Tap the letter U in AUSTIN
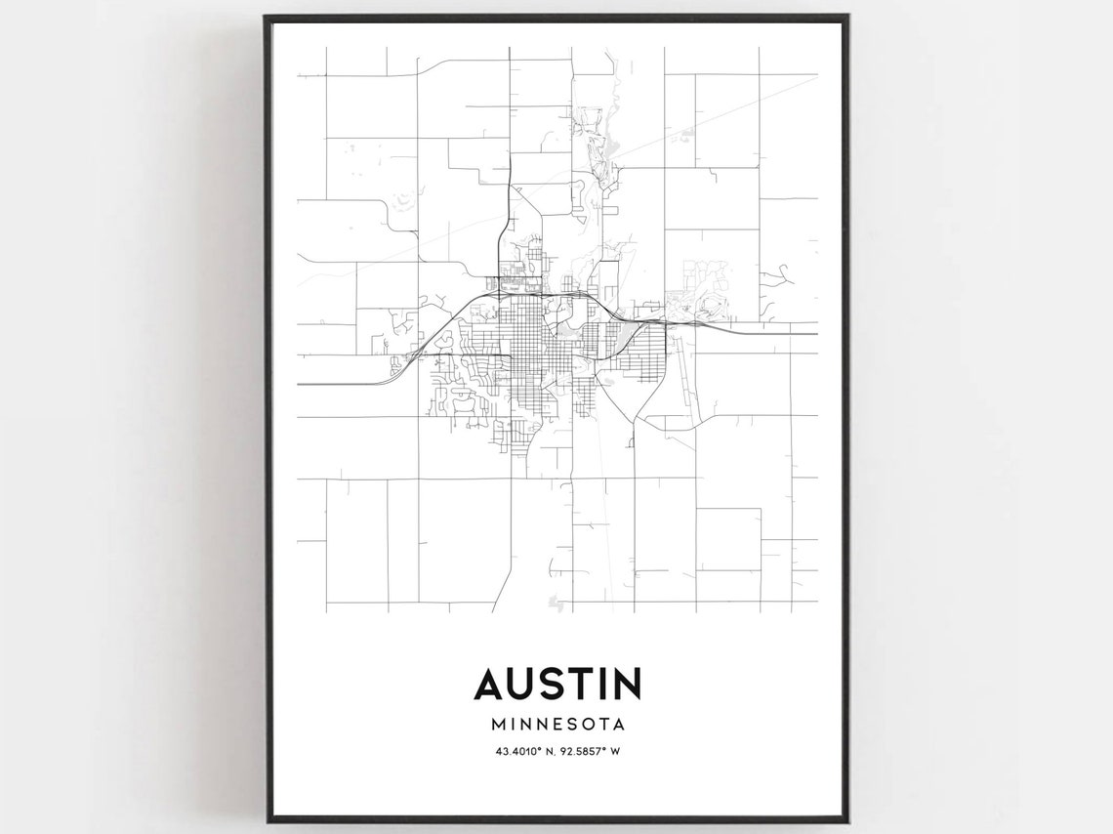[527, 684]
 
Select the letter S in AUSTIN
[560, 684]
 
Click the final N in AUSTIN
[629, 684]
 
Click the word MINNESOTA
[557, 725]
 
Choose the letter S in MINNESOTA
[567, 725]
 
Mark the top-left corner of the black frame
[265, 16]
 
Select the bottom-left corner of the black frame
[265, 820]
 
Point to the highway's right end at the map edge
[816, 333]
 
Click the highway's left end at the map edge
[299, 384]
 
